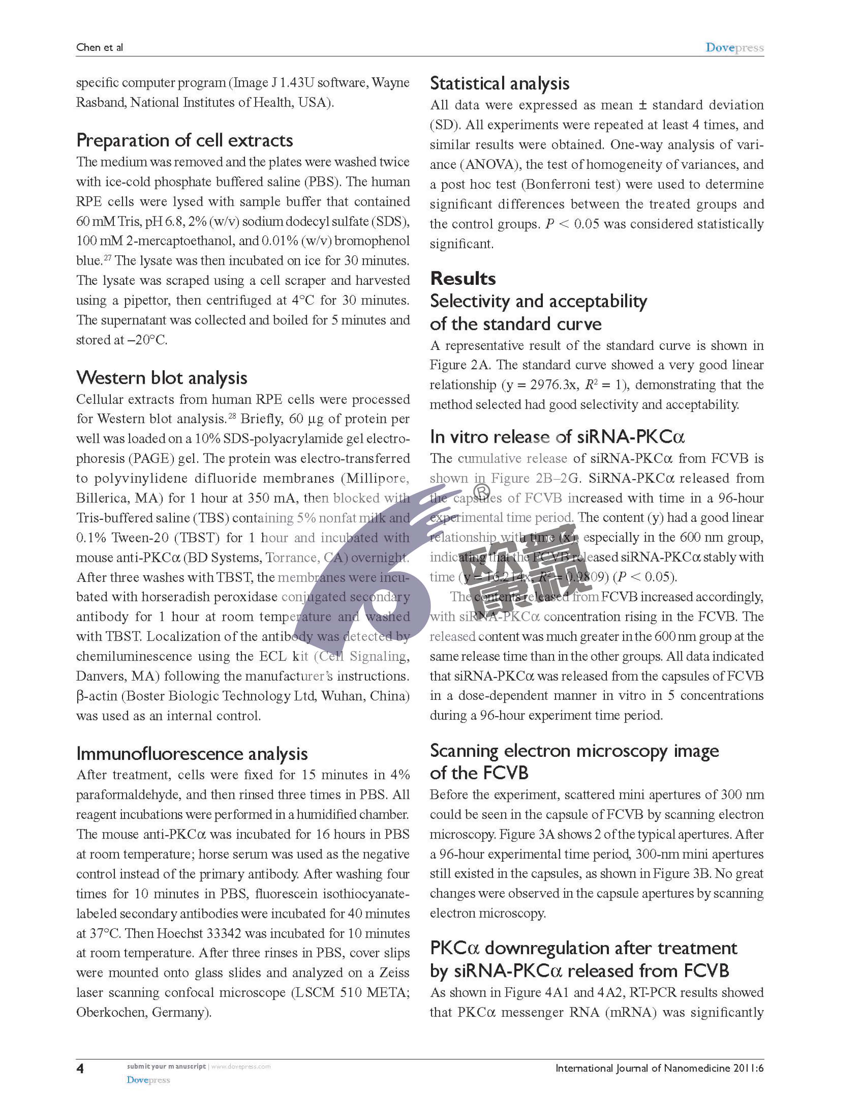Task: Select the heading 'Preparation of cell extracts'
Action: point(185,140)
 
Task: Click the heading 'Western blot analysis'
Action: point(162,378)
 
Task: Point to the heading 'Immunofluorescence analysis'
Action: point(192,754)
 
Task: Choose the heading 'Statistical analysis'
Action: point(499,83)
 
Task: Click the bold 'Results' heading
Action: point(463,278)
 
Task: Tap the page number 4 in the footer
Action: point(80,1068)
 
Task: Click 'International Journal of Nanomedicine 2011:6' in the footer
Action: point(659,1068)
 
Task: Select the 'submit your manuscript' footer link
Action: point(166,1066)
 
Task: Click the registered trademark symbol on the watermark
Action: point(481,492)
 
